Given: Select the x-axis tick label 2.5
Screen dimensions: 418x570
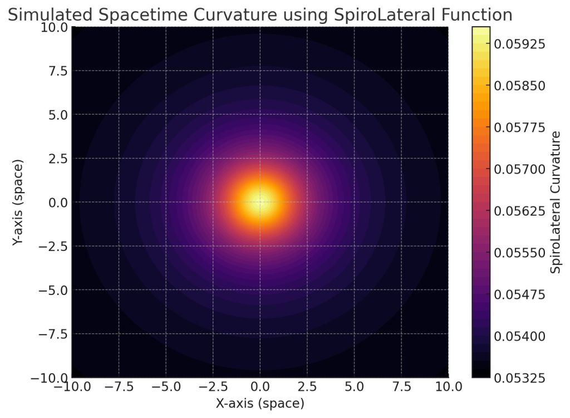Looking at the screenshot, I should (x=307, y=386).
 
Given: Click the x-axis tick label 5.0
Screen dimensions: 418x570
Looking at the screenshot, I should (x=354, y=386).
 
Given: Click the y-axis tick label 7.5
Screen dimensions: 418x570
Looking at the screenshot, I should (x=55, y=71).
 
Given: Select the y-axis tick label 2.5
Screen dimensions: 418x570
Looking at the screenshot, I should (x=55, y=159).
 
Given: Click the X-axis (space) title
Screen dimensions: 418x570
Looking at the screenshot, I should (x=260, y=403).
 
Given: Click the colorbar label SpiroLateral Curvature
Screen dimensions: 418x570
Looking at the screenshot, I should (x=555, y=203).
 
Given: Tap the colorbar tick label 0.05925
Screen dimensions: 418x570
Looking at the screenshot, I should (x=520, y=43).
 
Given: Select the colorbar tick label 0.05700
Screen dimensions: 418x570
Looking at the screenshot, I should (x=520, y=169).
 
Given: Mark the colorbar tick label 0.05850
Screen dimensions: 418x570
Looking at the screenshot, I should (x=520, y=86).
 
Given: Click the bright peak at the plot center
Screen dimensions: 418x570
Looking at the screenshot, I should (x=260, y=201).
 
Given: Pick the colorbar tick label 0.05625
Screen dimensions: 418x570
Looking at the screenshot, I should (x=520, y=211).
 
